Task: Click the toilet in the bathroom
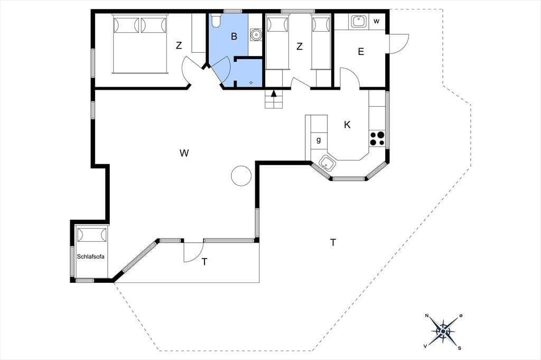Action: click(216, 21)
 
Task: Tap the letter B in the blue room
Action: click(234, 36)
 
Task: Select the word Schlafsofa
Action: click(90, 257)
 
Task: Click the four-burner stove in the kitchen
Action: click(377, 139)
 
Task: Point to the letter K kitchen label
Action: click(347, 125)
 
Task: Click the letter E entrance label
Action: click(361, 52)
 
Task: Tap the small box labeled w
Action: click(377, 22)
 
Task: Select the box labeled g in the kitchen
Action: click(319, 140)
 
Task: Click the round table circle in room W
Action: click(241, 176)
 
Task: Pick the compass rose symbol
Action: click(443, 331)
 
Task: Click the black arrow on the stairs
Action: click(274, 93)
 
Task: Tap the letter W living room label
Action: click(184, 153)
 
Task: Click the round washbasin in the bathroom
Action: click(256, 34)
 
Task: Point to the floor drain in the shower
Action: click(251, 82)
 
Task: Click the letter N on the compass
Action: click(427, 316)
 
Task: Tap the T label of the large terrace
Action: click(333, 243)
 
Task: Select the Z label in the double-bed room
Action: click(179, 45)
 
